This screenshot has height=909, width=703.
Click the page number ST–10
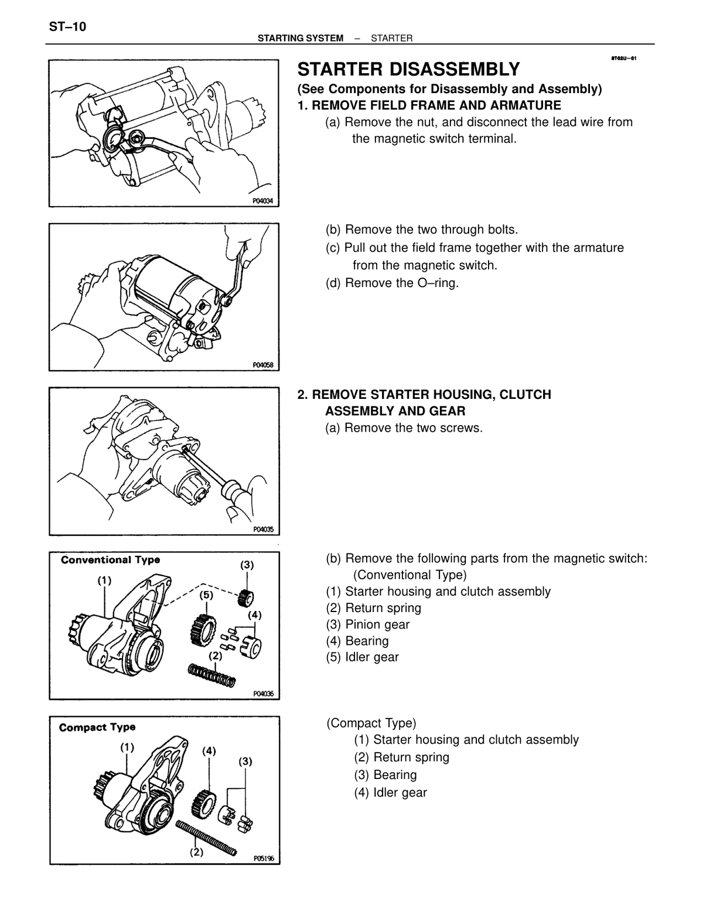(67, 27)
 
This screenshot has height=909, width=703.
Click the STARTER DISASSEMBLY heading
(408, 70)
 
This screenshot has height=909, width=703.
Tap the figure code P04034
(262, 201)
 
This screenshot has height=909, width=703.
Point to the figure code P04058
(262, 365)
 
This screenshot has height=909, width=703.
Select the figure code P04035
(263, 529)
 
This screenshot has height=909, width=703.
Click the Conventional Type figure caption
(110, 560)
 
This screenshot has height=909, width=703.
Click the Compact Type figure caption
(97, 727)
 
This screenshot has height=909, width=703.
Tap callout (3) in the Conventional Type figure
(247, 565)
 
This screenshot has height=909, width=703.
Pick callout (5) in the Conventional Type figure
(206, 595)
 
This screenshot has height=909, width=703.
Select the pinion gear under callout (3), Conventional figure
(245, 598)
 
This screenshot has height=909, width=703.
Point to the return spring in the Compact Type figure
(206, 838)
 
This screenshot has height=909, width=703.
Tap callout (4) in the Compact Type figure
(209, 751)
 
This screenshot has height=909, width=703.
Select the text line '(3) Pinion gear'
(367, 624)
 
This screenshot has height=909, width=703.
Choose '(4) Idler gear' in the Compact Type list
(391, 792)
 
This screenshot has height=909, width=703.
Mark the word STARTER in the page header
(391, 38)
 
